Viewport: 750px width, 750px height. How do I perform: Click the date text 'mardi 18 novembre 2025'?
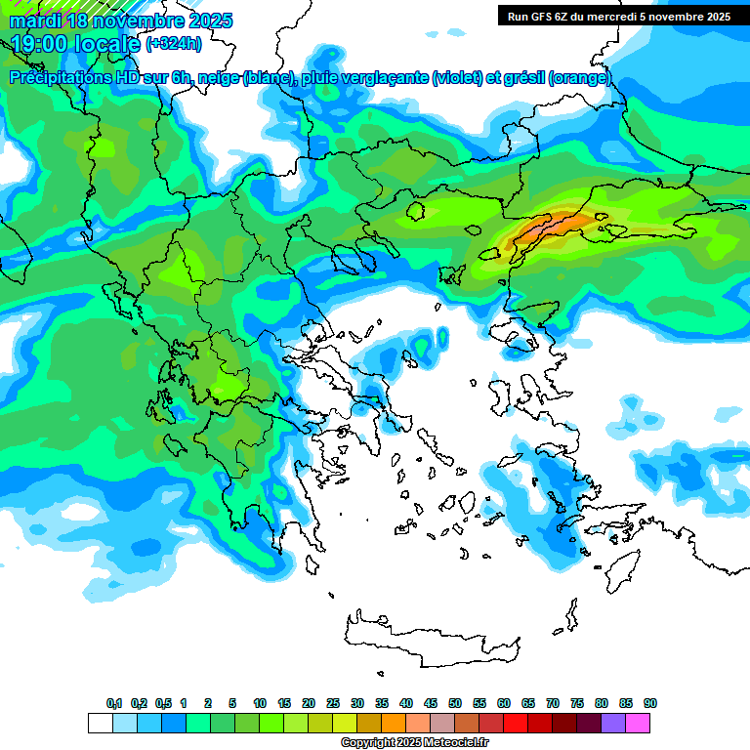pos(121,21)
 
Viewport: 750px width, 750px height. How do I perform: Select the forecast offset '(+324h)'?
pos(175,44)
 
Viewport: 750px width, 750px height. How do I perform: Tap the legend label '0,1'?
pos(113,703)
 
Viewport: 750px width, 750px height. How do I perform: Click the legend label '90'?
pos(649,703)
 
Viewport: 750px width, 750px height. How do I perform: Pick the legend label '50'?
pos(455,703)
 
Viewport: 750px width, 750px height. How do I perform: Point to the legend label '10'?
pos(260,703)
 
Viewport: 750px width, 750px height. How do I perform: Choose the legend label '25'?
pos(333,703)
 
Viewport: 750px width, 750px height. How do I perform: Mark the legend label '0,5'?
pos(163,703)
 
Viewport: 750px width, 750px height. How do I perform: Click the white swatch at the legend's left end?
pos(100,723)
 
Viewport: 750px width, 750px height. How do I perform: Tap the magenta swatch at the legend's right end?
pos(638,723)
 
